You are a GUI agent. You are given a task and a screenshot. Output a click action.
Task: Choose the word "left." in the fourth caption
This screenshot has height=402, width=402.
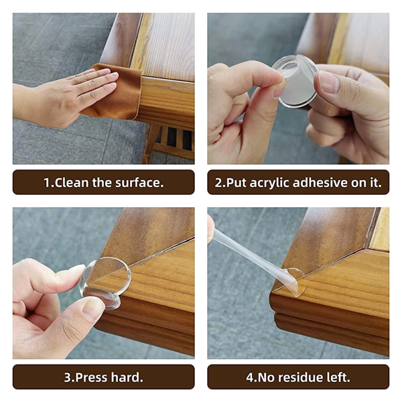coord(338,377)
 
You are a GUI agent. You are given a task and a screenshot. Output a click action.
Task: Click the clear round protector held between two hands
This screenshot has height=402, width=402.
coord(295,80)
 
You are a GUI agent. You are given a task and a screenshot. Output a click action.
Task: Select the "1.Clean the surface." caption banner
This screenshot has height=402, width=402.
coord(103,182)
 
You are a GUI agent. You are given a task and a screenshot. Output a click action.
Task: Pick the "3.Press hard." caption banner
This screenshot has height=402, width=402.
coord(103,377)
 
